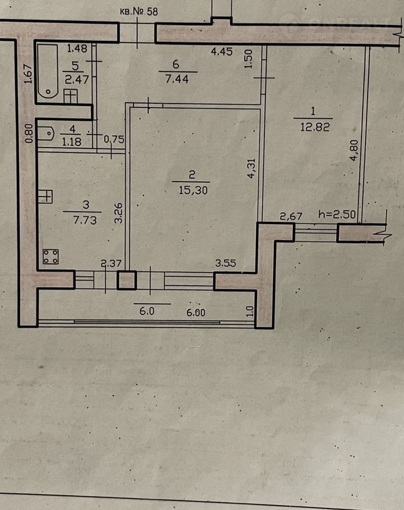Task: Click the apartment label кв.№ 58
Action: tap(139, 12)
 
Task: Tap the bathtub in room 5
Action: tap(48, 71)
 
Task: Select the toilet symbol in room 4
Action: tap(46, 133)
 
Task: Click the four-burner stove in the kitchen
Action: tap(50, 256)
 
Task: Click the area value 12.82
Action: tap(314, 127)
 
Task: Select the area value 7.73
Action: tap(85, 220)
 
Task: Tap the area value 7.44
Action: tap(177, 79)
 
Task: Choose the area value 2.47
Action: tap(76, 80)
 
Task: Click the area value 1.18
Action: tap(71, 142)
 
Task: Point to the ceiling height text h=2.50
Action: tap(337, 215)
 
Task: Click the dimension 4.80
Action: tap(353, 150)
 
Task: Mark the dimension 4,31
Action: tap(251, 168)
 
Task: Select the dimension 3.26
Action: tap(118, 213)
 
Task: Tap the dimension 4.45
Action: tap(222, 52)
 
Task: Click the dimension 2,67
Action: tap(291, 216)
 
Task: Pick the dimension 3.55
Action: tap(225, 263)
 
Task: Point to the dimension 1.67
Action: tap(28, 73)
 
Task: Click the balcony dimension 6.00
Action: tap(196, 313)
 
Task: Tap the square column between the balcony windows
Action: tap(127, 280)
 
